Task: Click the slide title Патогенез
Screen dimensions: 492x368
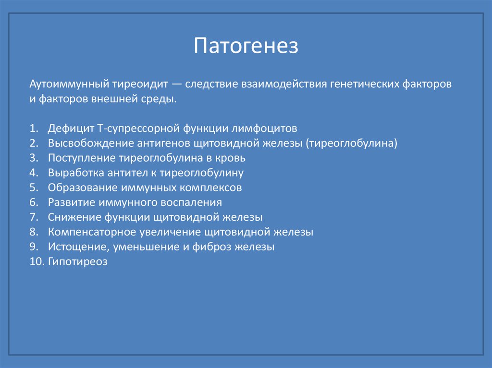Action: [246, 46]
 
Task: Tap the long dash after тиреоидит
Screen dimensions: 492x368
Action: [177, 84]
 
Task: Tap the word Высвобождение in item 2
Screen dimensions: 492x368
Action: [90, 143]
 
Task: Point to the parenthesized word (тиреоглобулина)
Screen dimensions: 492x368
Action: [351, 143]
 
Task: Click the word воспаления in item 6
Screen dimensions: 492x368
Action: [191, 202]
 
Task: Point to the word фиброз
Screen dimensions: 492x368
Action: [212, 247]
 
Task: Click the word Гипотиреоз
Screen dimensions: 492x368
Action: [77, 262]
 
